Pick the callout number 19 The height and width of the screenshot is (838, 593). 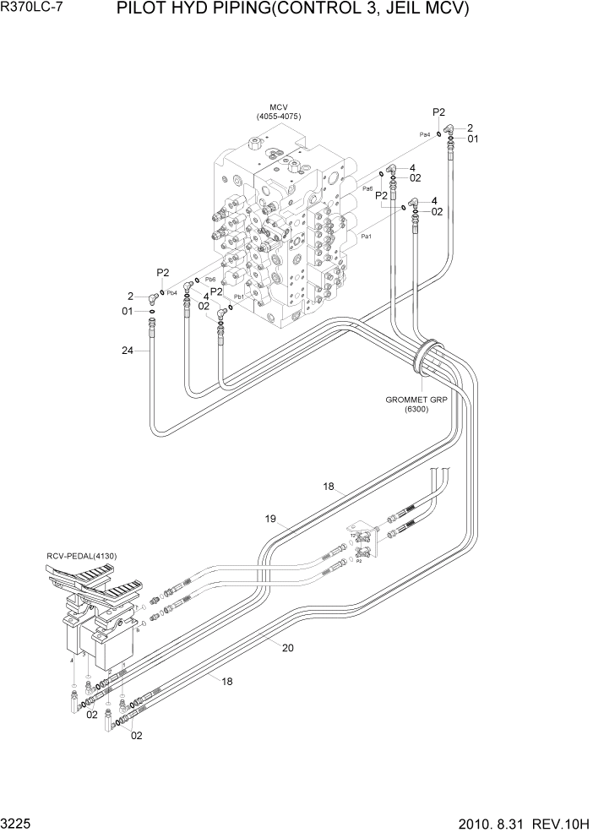click(x=271, y=520)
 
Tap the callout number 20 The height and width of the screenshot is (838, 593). click(x=287, y=648)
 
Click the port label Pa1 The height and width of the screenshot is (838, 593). click(x=367, y=237)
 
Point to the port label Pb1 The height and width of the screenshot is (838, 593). click(x=239, y=297)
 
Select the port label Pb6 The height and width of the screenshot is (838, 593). click(x=210, y=280)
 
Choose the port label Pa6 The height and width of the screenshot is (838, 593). click(x=368, y=188)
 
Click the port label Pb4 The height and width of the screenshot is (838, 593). click(x=171, y=293)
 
